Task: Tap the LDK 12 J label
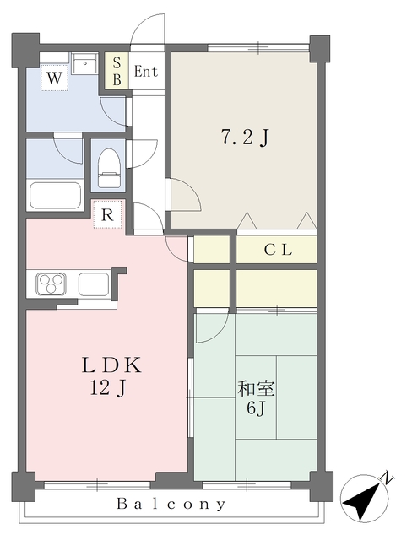tap(110, 376)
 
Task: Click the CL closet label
tap(278, 250)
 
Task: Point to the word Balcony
tap(171, 505)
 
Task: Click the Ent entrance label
tap(145, 72)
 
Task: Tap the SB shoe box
tap(117, 71)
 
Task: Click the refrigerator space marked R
tap(107, 214)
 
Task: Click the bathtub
tap(55, 197)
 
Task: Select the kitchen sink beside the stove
tap(93, 284)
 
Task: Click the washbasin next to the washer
tap(85, 65)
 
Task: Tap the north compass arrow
tap(364, 499)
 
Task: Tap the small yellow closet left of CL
tap(212, 250)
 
